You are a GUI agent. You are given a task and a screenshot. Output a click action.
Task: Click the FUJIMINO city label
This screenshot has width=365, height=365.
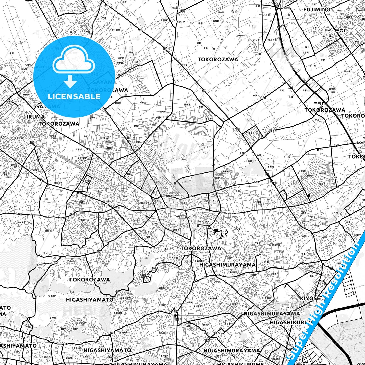click(x=317, y=10)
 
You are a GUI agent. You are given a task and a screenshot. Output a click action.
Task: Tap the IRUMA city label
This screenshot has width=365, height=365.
click(x=36, y=117)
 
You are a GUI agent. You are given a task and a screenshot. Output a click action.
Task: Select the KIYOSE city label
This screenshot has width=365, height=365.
click(x=310, y=298)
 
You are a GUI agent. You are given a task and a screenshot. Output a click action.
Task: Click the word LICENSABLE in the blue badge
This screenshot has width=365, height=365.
click(x=74, y=96)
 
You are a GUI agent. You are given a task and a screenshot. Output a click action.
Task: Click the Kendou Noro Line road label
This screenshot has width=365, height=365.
click(x=230, y=213)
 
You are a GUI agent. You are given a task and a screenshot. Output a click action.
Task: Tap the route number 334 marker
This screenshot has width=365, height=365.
click(x=290, y=88)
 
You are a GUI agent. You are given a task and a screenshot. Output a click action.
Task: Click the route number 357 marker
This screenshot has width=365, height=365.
click(x=187, y=217)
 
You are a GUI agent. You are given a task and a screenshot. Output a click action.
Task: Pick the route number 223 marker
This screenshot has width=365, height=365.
click(x=32, y=143)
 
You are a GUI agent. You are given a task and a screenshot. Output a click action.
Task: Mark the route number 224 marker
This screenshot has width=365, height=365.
click(x=10, y=101)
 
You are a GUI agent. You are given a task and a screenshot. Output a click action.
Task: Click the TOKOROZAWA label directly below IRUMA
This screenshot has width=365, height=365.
click(x=59, y=124)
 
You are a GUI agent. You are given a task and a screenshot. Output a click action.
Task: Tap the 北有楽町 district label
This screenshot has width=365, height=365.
click(x=170, y=196)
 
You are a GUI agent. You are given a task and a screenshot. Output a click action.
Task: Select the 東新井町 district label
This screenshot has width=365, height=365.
click(x=210, y=201)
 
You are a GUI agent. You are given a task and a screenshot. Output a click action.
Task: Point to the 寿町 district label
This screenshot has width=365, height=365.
click(x=178, y=217)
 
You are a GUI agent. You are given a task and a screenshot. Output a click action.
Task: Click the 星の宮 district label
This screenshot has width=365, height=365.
click(x=155, y=223)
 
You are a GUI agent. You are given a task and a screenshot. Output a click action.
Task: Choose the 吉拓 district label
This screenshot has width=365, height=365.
click(x=304, y=90)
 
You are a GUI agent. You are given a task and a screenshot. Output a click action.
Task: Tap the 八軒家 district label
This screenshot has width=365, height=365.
click(x=266, y=15)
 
